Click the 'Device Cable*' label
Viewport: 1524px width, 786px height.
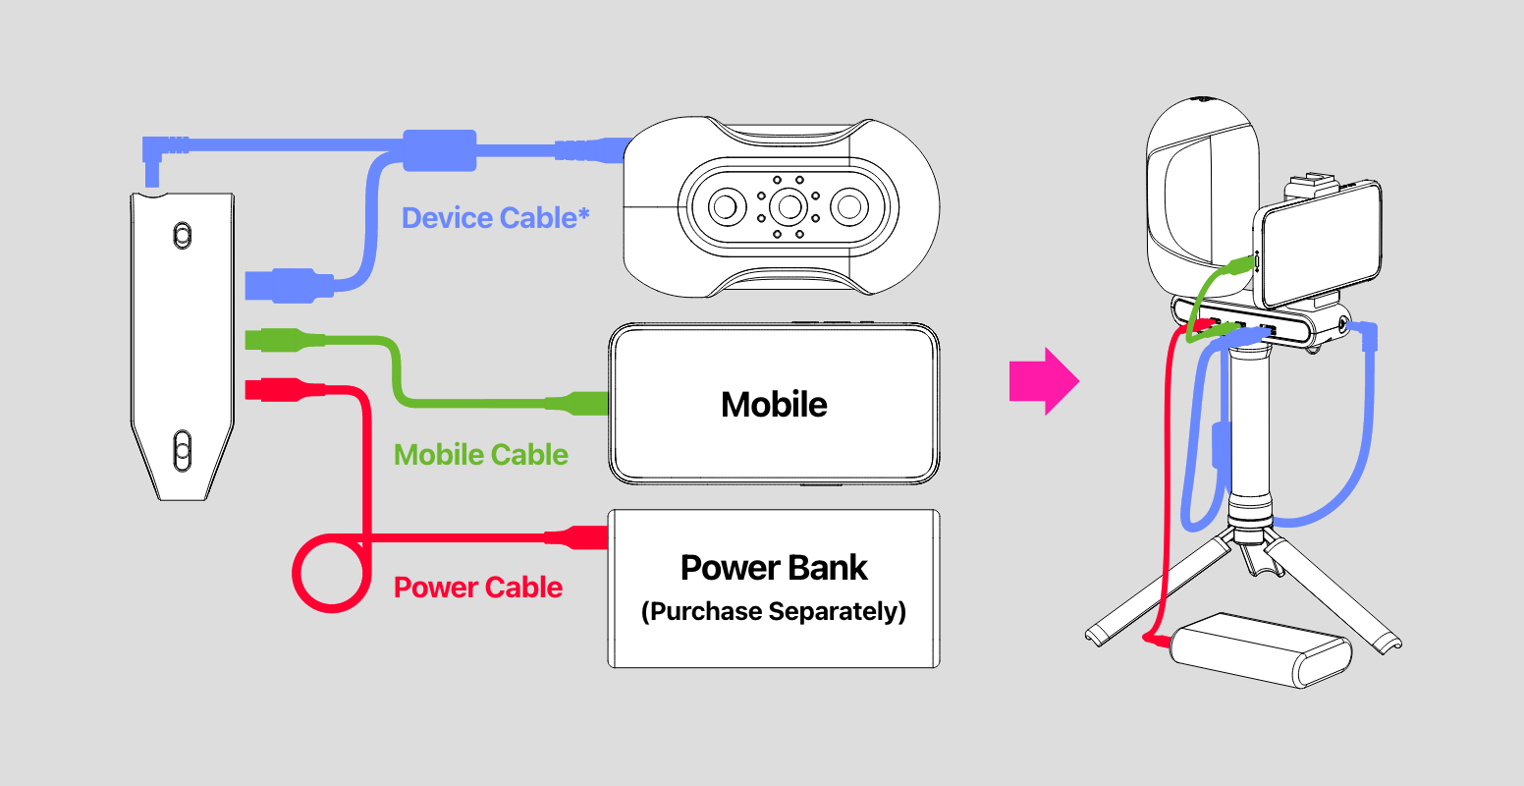496,218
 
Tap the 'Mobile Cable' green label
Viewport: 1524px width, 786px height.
480,455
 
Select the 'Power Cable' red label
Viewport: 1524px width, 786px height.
478,588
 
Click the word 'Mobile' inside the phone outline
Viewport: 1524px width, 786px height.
774,405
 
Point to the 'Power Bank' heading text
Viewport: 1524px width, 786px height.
774,568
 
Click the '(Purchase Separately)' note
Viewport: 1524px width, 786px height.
774,612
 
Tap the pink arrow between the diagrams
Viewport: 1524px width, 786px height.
1044,381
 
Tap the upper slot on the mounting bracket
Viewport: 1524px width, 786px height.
182,235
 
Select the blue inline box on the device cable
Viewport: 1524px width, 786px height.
439,149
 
